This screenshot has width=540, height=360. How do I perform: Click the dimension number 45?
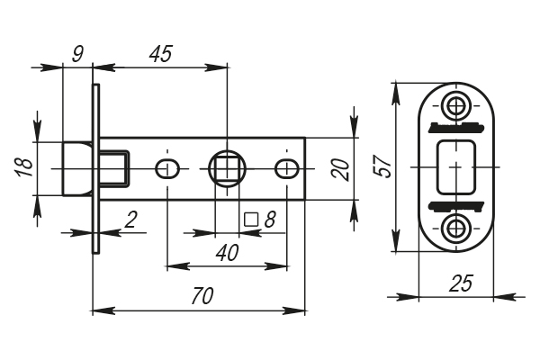160,53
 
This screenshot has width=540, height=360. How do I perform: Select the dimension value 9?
77,53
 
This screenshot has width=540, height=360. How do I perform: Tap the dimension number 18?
24,166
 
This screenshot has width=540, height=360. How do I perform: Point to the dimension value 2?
130,219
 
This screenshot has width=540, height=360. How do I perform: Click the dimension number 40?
228,253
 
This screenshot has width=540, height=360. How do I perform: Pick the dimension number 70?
202,297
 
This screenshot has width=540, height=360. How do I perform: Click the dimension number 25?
460,283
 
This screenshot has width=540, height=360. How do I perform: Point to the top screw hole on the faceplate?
456,105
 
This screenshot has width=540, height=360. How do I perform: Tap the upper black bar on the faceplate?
455,126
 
